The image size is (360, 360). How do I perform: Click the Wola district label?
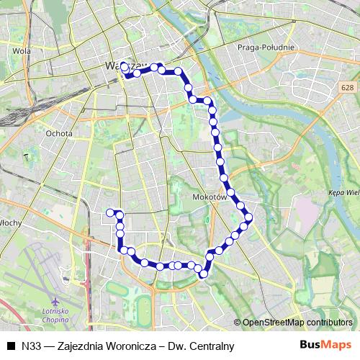(x=22, y=51)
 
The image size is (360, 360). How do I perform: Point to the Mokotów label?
(x=210, y=196)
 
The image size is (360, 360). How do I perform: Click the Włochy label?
(x=11, y=222)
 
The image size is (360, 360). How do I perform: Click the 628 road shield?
(x=348, y=86)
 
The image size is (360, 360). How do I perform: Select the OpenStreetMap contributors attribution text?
(x=297, y=322)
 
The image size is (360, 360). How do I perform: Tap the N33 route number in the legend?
(x=31, y=346)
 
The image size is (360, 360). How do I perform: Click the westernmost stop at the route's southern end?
(x=110, y=212)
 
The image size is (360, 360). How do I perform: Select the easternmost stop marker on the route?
(x=249, y=217)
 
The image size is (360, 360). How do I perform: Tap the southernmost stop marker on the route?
(x=204, y=273)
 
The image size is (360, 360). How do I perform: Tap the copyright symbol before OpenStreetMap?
(x=238, y=322)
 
